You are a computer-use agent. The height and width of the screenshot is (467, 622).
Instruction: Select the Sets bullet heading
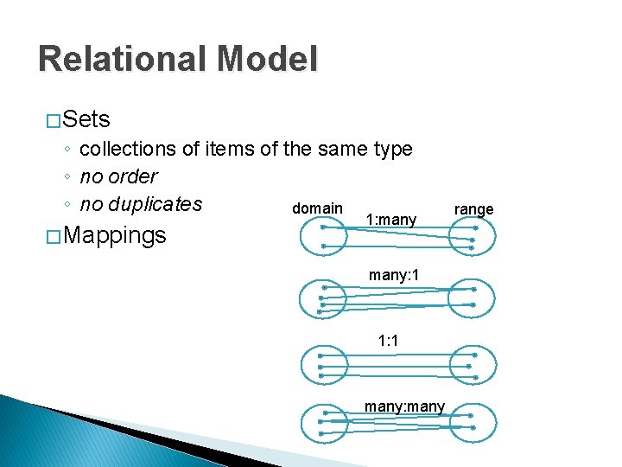(86, 118)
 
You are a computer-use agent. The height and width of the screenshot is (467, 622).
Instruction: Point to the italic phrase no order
(118, 176)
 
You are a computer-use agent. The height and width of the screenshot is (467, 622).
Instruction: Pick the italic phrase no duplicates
(140, 204)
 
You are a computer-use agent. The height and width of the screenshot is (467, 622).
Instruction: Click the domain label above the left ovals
(317, 208)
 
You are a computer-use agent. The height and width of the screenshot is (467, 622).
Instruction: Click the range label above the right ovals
(473, 209)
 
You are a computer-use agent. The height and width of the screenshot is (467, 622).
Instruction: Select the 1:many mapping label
(391, 221)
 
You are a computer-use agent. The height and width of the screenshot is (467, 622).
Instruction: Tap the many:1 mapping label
(394, 275)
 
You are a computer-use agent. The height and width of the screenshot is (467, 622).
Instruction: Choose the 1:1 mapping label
(388, 341)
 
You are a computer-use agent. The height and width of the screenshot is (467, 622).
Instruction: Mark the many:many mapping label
(404, 406)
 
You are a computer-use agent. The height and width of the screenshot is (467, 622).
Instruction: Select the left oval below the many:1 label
(322, 298)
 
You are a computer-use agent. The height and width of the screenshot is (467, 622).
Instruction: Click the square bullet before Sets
(53, 119)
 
